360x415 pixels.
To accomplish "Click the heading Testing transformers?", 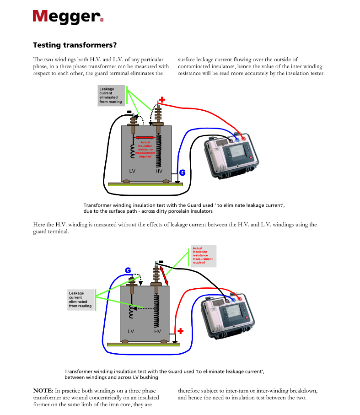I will click(75, 45).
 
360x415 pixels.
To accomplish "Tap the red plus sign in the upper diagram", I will click(162, 99).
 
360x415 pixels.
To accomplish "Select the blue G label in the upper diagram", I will click(182, 172).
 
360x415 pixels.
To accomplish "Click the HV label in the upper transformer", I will click(159, 171).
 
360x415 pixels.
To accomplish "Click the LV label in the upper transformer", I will click(132, 171).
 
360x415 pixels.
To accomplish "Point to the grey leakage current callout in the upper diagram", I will click(111, 96).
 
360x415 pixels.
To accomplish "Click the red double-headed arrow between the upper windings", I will click(145, 137).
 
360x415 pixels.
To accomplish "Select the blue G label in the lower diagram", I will click(129, 270).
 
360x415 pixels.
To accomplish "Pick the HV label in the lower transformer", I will click(157, 331).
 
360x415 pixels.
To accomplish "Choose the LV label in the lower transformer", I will click(131, 331).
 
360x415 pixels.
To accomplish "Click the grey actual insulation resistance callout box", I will click(203, 256).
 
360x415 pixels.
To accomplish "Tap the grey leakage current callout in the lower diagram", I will click(81, 300).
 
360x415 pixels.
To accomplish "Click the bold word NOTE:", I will click(43, 391).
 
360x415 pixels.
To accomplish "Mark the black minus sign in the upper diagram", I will click(129, 112).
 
